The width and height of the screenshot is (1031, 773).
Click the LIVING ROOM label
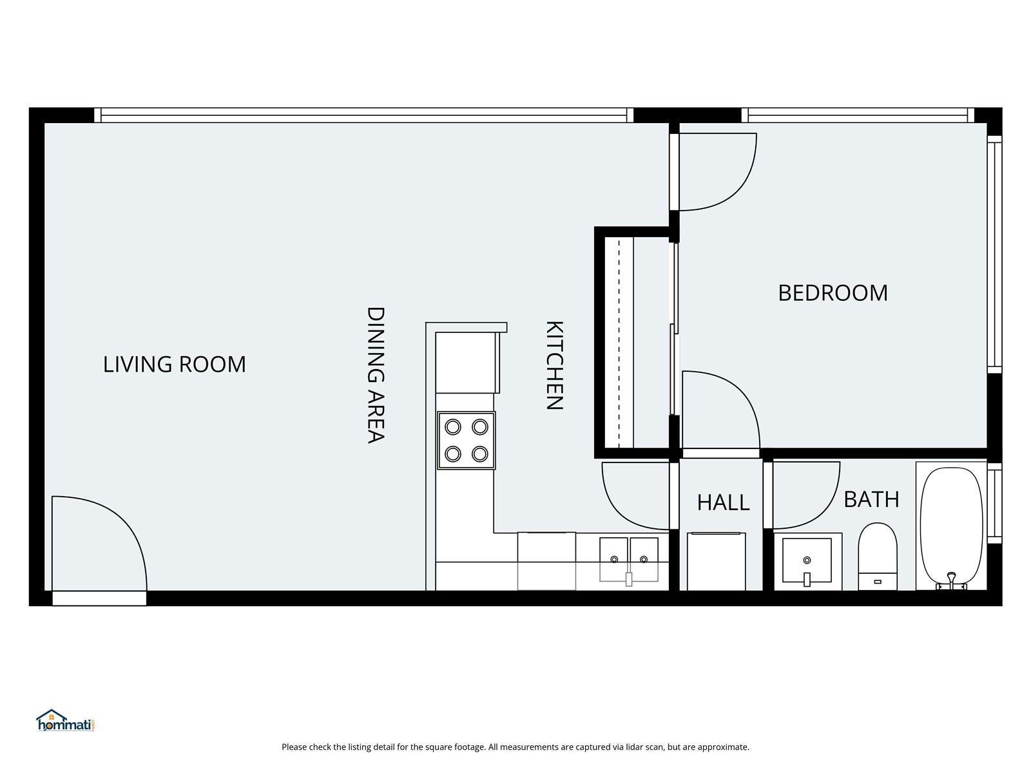pos(174,365)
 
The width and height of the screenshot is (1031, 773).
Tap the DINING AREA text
pos(376,375)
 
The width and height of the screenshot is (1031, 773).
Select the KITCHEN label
pos(554,365)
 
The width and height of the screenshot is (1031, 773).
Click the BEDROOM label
pos(833,293)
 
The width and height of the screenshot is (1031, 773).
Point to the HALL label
pos(723,502)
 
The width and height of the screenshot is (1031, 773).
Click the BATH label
pos(871,499)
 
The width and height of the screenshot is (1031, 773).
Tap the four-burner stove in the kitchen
pos(466,441)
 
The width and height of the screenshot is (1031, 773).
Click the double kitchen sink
pos(629,558)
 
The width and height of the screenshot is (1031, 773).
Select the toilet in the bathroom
pos(878,555)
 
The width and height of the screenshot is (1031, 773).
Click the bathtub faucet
pos(951,579)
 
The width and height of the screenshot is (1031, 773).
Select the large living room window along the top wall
pos(364,115)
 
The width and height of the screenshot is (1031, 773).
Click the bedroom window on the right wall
pos(994,254)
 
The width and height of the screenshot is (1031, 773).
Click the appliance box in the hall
pos(716,561)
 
